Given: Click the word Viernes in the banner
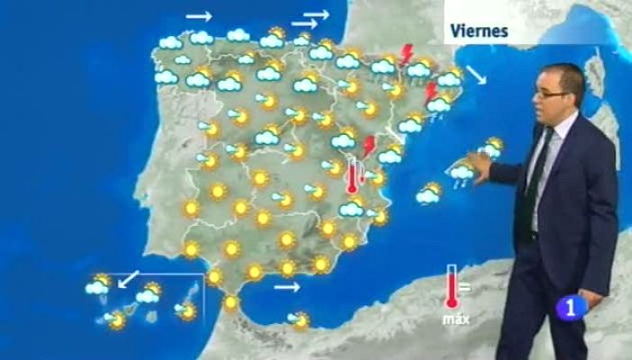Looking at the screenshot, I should [479, 31].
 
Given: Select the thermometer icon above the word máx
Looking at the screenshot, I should [452, 287].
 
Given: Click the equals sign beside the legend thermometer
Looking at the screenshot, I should [466, 288].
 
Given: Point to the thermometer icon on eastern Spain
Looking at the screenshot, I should [353, 176].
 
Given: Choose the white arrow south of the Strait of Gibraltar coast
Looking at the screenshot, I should [286, 287].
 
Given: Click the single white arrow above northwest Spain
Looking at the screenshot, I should [199, 15].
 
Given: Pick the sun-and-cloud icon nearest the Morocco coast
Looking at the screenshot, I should [298, 319].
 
